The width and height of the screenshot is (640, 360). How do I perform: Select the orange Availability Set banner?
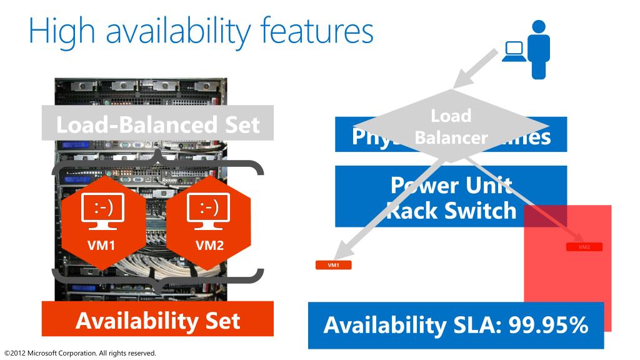(157, 321)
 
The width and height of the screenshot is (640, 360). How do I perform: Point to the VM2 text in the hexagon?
(209, 244)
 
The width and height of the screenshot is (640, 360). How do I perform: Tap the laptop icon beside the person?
(514, 52)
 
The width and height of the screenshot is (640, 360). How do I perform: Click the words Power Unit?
(451, 186)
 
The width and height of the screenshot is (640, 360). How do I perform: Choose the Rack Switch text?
(451, 210)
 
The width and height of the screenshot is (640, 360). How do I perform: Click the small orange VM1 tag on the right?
(334, 265)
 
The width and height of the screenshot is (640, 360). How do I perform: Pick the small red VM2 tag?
(584, 247)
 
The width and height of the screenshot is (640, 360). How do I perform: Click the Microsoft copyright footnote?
(80, 353)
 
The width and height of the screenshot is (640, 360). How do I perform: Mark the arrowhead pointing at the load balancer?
(464, 78)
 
